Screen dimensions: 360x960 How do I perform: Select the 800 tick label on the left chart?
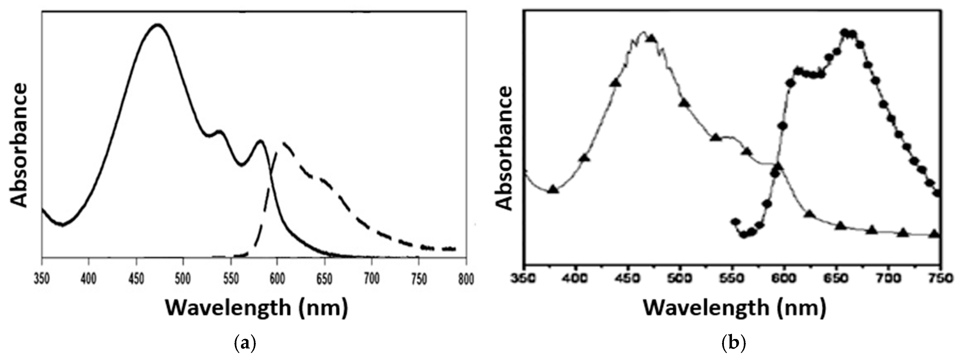[x=465, y=279]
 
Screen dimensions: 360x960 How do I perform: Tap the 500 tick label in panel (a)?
[x=183, y=279]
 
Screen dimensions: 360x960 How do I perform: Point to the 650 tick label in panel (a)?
[x=324, y=279]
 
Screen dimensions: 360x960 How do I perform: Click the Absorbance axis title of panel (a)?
[x=19, y=145]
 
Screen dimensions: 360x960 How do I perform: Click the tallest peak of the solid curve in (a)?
[x=158, y=25]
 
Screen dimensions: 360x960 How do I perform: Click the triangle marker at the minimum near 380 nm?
[x=553, y=189]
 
